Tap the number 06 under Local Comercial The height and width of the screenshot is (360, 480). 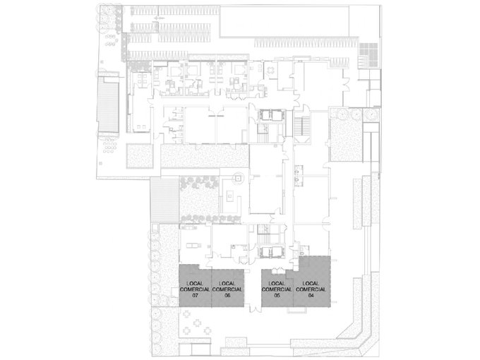tap(227, 296)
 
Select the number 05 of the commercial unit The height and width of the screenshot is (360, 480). tap(277, 296)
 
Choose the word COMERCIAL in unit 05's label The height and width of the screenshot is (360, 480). tap(277, 289)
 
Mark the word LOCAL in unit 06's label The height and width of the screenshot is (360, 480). tap(227, 283)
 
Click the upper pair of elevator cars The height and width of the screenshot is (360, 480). tap(271, 115)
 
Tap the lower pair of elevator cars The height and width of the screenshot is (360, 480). tap(271, 251)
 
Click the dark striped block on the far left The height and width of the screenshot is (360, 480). tap(109, 106)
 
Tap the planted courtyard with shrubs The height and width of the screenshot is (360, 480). tap(198, 194)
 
